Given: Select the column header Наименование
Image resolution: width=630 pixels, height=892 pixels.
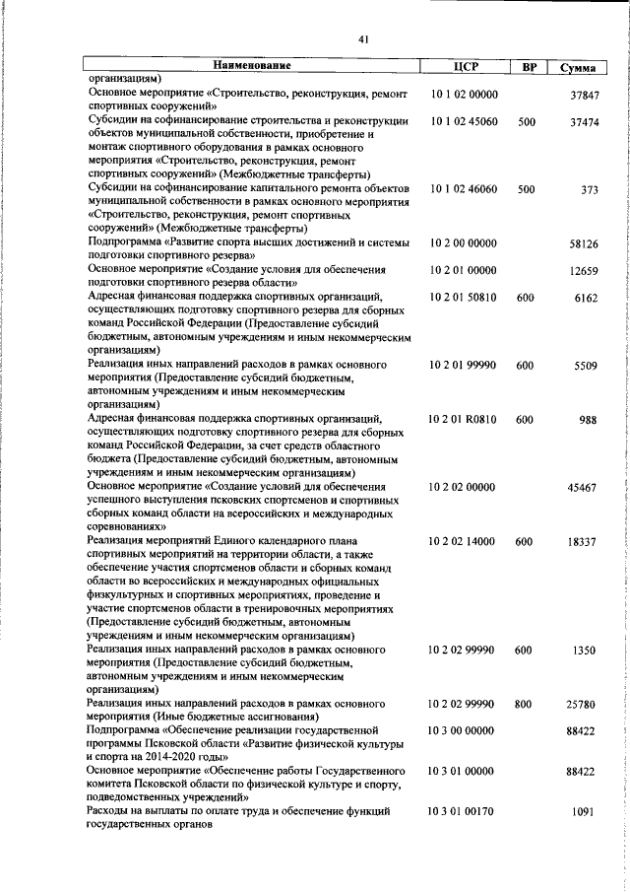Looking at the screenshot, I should coord(253,66).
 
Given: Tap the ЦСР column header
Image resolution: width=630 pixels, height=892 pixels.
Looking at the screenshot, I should coord(465,67).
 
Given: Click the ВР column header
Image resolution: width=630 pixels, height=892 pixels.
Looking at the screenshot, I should coord(528,67).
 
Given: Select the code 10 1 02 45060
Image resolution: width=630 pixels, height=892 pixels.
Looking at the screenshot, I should coord(464,122).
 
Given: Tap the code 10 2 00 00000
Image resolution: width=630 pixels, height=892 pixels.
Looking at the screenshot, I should coord(464,242).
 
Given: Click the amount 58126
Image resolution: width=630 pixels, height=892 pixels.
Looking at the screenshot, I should coord(584,242).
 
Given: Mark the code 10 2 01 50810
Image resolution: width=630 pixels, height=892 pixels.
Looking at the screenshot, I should coord(464,297).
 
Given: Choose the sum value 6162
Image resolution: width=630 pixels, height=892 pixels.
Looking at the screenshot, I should coord(587,297).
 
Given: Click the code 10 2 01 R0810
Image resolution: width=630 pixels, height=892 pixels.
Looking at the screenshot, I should coord(464,419).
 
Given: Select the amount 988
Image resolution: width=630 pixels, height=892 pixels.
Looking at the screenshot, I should coord(590,419).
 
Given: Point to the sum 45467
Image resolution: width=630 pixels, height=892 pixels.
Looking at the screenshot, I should coord(584,487).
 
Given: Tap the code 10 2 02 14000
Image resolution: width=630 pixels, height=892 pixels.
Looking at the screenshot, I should coord(464,541).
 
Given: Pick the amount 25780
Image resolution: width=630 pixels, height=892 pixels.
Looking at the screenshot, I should coord(584,705).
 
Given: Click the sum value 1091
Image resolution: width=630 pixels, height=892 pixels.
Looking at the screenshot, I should coord(587,813).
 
